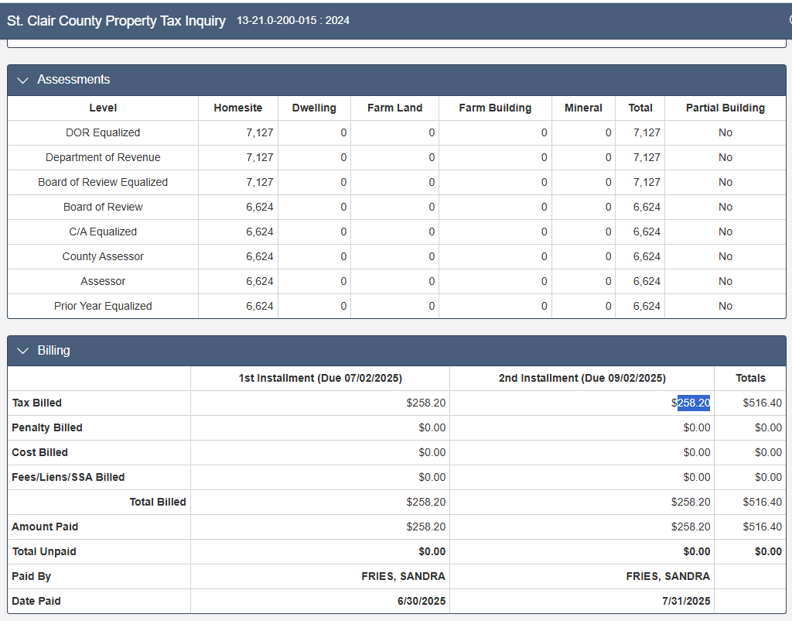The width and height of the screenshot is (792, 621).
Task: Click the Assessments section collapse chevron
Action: [x=22, y=80]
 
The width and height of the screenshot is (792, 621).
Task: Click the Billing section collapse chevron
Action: [x=22, y=351]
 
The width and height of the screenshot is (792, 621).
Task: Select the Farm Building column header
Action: [x=495, y=108]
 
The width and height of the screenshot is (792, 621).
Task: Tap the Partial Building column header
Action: [x=725, y=108]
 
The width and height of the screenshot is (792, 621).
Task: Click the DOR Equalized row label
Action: [x=103, y=132]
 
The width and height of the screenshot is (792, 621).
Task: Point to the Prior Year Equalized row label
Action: [x=103, y=306]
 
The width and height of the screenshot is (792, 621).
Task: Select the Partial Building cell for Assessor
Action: [x=725, y=281]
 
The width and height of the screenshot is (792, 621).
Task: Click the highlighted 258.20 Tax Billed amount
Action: [x=694, y=403]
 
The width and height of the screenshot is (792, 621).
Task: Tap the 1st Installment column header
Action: [x=320, y=378]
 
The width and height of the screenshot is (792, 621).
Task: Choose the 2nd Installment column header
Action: [x=582, y=378]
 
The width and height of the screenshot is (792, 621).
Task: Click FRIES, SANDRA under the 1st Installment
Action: [x=403, y=576]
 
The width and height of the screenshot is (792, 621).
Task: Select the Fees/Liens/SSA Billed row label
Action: [x=68, y=477]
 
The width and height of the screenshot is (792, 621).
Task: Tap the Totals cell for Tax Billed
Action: [x=762, y=403]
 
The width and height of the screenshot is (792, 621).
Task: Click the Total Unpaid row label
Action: [x=44, y=551]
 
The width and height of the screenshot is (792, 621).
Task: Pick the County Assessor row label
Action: [x=103, y=256]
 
